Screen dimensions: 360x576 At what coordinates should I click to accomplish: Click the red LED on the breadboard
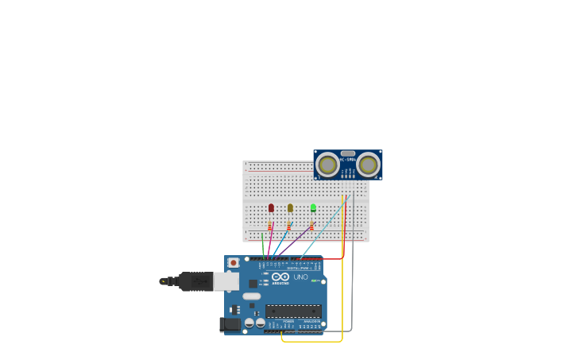(x=271, y=208)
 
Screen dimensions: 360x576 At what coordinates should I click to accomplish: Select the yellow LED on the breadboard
(x=290, y=208)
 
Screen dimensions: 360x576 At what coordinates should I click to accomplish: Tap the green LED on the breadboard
(x=313, y=208)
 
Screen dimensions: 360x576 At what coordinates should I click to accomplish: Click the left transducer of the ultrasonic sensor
(x=327, y=165)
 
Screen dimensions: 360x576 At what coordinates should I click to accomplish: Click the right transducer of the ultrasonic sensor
(x=368, y=165)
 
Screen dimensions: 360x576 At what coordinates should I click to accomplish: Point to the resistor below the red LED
(x=270, y=226)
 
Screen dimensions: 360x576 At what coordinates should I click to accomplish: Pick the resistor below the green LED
(x=312, y=226)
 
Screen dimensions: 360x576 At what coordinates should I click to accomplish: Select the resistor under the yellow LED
(x=289, y=226)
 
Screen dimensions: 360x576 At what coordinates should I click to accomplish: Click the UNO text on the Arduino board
(x=300, y=277)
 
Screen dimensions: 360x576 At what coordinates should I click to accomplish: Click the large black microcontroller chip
(x=293, y=311)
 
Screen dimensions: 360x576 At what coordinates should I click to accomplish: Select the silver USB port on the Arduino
(x=226, y=281)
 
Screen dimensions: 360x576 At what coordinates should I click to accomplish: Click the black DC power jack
(x=230, y=324)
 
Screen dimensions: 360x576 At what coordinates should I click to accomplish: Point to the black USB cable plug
(x=195, y=281)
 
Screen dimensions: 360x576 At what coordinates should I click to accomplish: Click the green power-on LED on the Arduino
(x=315, y=281)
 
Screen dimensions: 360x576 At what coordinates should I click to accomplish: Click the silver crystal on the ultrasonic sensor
(x=347, y=153)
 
